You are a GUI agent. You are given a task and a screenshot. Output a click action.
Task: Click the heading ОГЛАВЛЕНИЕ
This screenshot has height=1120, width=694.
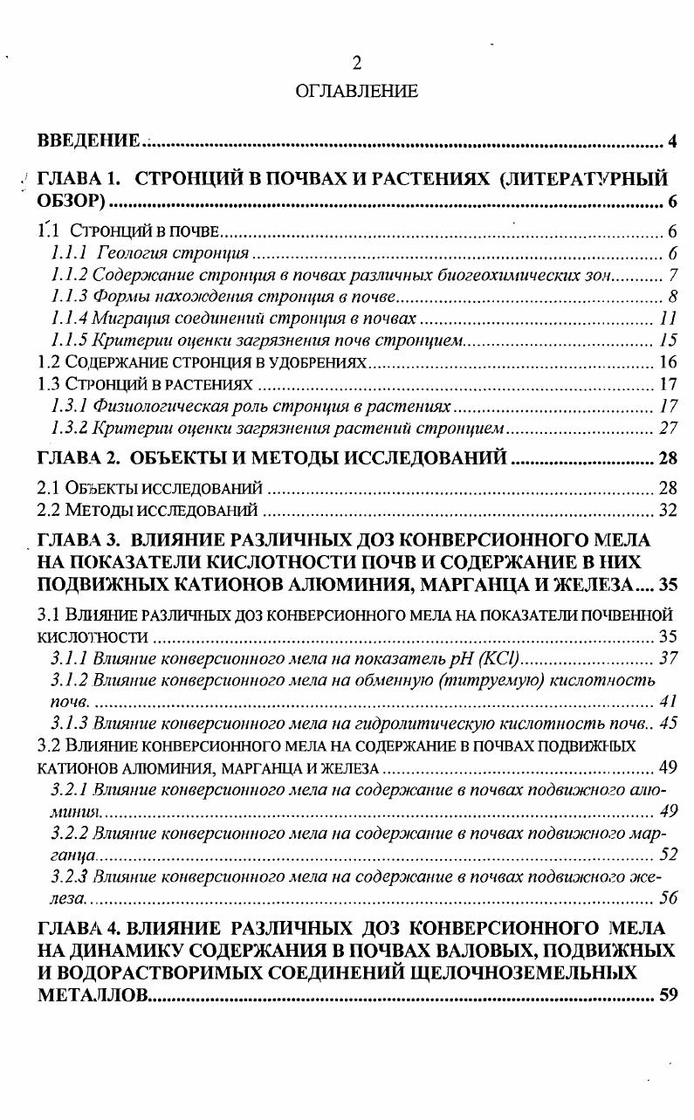tap(355, 91)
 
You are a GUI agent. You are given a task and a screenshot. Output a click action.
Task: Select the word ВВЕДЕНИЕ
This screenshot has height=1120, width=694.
tap(88, 141)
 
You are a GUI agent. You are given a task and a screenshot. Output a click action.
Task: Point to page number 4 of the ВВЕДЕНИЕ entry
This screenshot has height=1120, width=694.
tap(671, 141)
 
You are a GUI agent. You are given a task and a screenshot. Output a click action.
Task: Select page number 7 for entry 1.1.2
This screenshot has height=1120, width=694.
tap(673, 275)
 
